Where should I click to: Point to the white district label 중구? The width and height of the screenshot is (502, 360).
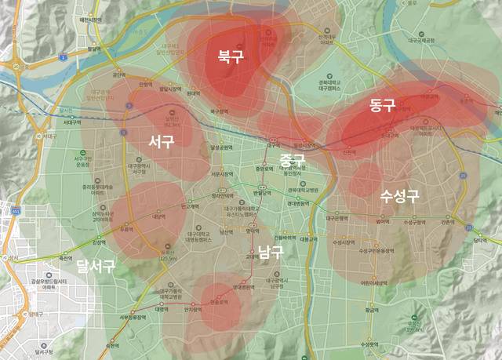click(x=292, y=159)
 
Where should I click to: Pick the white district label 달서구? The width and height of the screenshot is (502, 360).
click(x=96, y=265)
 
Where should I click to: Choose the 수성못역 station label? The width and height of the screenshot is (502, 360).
click(x=370, y=344)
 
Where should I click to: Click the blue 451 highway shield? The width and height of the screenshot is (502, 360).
click(x=15, y=210)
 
